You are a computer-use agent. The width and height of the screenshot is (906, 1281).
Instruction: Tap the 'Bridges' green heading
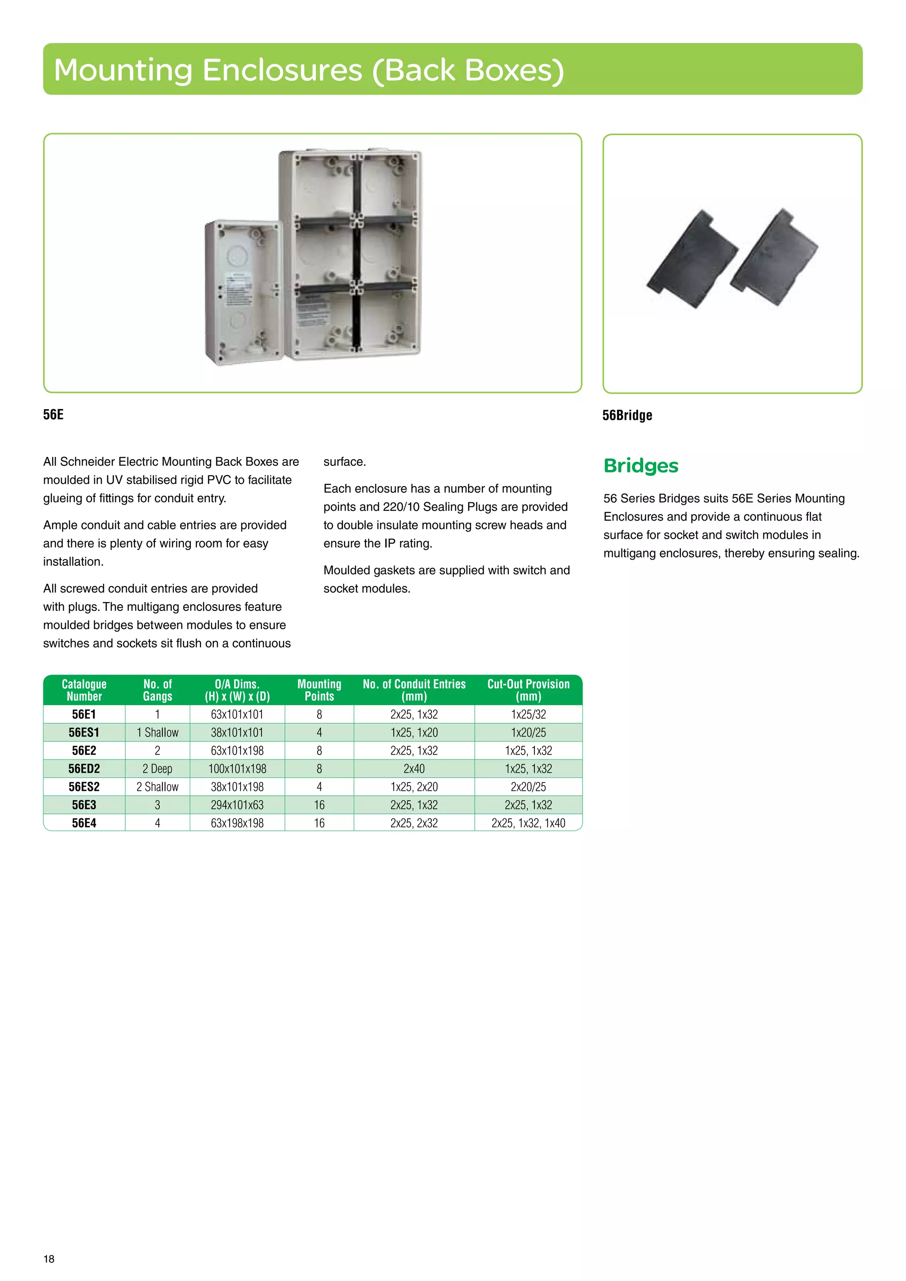coord(641,466)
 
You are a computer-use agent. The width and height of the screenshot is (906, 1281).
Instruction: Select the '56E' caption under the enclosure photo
coord(54,414)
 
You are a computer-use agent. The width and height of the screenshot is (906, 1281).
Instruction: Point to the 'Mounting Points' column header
coord(319,690)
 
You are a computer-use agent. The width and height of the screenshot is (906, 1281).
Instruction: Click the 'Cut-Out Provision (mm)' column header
coord(528,690)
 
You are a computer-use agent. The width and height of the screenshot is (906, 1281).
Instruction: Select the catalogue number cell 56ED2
coord(84,769)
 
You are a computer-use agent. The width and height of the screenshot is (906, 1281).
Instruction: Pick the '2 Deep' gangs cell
coord(157,769)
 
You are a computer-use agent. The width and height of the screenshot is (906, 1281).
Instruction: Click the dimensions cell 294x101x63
coord(237,805)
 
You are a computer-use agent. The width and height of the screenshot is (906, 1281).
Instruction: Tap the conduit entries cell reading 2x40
coord(414,769)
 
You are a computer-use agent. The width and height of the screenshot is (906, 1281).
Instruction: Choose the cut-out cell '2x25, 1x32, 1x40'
coord(528,823)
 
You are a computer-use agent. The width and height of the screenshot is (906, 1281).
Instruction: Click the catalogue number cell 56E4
coord(84,823)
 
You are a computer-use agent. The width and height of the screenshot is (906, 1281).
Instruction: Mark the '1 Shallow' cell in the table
coord(157,733)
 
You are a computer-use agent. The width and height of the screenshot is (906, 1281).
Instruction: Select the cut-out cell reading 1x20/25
coord(528,733)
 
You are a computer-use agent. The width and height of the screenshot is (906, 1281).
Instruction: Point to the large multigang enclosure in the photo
coord(350,254)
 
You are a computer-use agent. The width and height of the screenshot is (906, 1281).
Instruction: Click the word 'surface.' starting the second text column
coord(345,462)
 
